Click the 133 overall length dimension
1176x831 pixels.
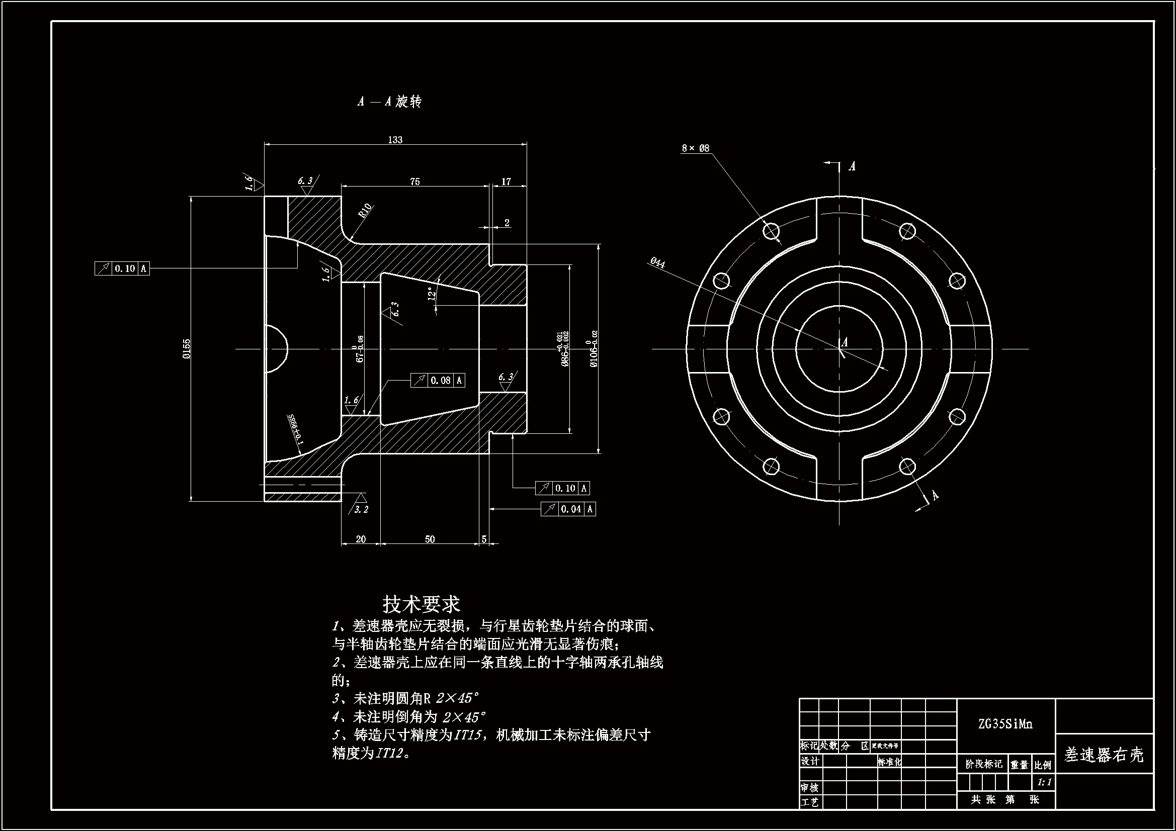(x=395, y=140)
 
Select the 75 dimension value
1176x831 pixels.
(x=415, y=182)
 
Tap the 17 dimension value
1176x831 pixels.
(x=506, y=182)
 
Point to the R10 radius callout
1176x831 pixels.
(x=365, y=211)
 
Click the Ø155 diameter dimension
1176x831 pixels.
(x=187, y=349)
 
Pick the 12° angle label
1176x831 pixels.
(x=433, y=294)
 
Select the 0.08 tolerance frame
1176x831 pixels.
(x=438, y=381)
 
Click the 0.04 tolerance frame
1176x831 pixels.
(x=568, y=509)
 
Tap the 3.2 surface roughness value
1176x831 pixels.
(x=361, y=509)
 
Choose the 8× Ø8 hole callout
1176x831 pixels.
(x=695, y=148)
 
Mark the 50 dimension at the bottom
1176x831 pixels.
(x=430, y=539)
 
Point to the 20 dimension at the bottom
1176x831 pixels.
(x=361, y=539)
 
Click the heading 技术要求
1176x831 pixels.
(x=421, y=605)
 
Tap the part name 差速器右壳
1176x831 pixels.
(x=1104, y=755)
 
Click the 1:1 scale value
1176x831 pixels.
(x=1044, y=782)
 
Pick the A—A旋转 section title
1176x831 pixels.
(x=389, y=102)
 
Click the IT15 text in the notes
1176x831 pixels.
(x=467, y=735)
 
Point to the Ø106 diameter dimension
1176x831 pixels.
(x=594, y=349)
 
